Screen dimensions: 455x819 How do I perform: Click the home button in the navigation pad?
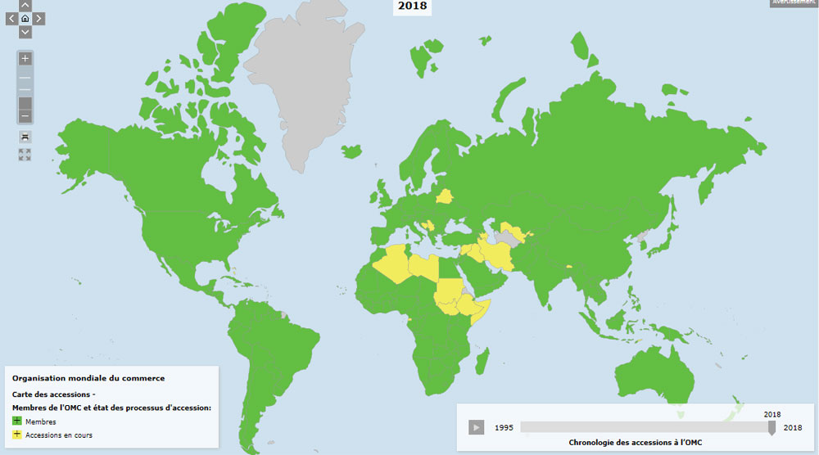pyautogui.click(x=25, y=18)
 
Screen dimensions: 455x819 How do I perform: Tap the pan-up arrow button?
pyautogui.click(x=25, y=6)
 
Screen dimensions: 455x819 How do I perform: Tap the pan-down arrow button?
pyautogui.click(x=25, y=32)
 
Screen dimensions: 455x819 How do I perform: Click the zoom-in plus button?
pyautogui.click(x=25, y=59)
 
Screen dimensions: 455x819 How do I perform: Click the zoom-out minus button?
pyautogui.click(x=25, y=115)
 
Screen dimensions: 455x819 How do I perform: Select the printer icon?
pyautogui.click(x=25, y=137)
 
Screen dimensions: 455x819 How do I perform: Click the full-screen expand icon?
pyautogui.click(x=25, y=154)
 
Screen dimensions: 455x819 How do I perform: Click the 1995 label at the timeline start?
pyautogui.click(x=504, y=427)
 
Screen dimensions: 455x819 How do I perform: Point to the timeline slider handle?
pyautogui.click(x=771, y=427)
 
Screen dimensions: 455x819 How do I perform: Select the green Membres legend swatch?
pyautogui.click(x=17, y=421)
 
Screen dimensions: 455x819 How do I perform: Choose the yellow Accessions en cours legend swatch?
pyautogui.click(x=17, y=435)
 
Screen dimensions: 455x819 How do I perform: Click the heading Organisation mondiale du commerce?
pyautogui.click(x=88, y=378)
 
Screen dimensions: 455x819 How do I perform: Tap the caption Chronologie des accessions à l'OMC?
pyautogui.click(x=636, y=443)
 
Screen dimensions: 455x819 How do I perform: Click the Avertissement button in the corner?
pyautogui.click(x=794, y=3)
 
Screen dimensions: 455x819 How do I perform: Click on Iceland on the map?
pyautogui.click(x=351, y=152)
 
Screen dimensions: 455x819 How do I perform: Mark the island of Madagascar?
pyautogui.click(x=482, y=360)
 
